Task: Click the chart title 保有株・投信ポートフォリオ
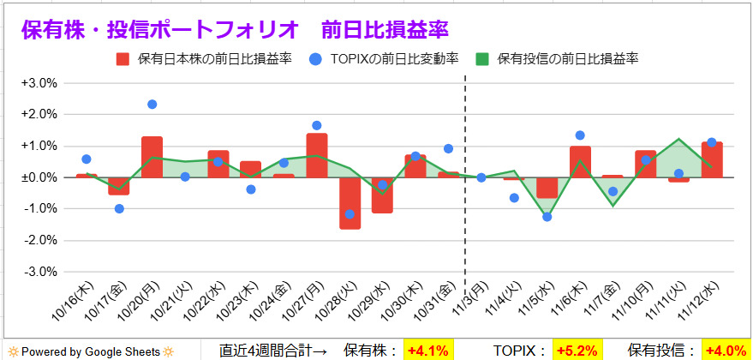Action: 162,29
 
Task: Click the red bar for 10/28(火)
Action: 350,203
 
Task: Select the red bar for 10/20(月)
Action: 152,157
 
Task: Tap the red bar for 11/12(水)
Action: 712,160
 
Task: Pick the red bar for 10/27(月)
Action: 317,155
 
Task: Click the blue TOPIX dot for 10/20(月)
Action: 152,105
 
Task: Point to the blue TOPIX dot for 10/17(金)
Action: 119,208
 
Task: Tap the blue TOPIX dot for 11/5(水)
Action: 547,217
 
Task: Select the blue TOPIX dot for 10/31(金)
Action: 448,148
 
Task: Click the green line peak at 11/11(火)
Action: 679,139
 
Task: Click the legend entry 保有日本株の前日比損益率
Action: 205,59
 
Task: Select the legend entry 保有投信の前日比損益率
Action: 557,59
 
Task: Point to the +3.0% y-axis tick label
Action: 39,83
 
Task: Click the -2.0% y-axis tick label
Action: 39,240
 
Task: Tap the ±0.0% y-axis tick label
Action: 39,177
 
